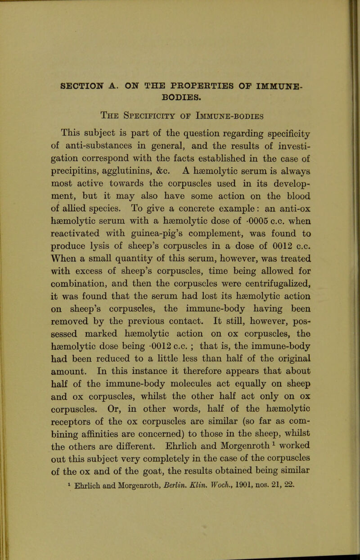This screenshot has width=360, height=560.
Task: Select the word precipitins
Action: [x=91, y=172]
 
